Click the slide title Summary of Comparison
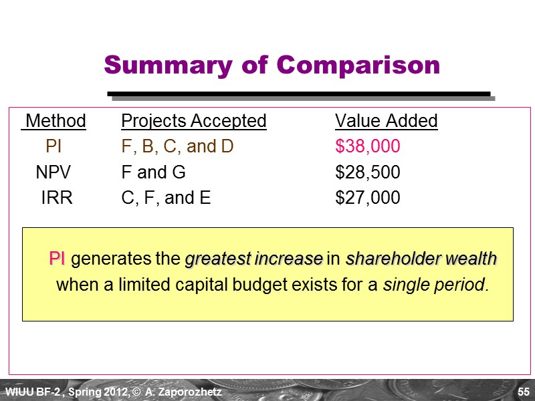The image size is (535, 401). click(272, 65)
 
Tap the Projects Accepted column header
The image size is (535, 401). click(193, 121)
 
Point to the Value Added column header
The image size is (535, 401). click(386, 121)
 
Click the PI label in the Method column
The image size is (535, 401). click(53, 146)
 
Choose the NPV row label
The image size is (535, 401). click(53, 172)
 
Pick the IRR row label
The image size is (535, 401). click(56, 198)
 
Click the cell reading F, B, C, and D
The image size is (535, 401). click(177, 146)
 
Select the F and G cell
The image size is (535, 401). click(153, 172)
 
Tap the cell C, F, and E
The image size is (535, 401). click(166, 198)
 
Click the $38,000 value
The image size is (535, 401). click(367, 146)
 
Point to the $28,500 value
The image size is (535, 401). click(367, 172)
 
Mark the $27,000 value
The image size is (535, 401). click(367, 198)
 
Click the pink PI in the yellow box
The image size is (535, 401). click(57, 259)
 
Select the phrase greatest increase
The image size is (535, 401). click(253, 259)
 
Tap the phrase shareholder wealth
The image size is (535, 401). click(421, 259)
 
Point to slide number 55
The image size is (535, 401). click(524, 390)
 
